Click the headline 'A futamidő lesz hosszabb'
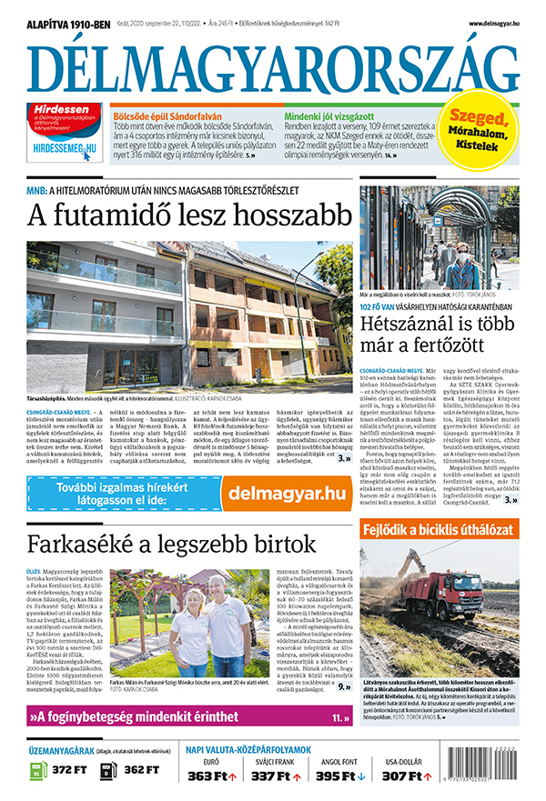(x=188, y=215)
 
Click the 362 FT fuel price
(x=140, y=770)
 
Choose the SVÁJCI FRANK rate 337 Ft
(x=273, y=776)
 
